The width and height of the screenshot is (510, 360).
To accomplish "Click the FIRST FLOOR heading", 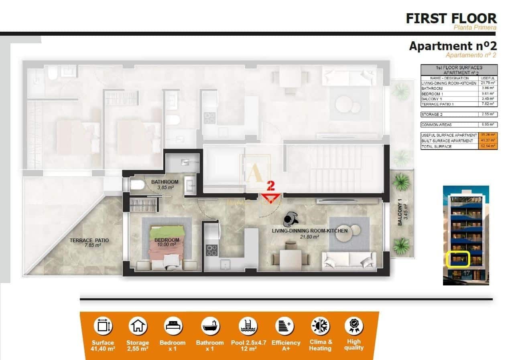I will tap(451, 18).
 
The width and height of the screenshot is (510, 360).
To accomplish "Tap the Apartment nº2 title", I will tap(453, 46).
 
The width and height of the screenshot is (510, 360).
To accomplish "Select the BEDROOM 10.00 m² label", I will tap(167, 242).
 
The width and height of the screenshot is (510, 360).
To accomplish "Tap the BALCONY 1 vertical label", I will tap(402, 212).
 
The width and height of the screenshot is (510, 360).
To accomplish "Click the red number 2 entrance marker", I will tap(271, 192).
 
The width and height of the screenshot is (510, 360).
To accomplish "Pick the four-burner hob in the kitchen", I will tap(211, 250).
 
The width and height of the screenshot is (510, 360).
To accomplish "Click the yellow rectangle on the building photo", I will tap(458, 259).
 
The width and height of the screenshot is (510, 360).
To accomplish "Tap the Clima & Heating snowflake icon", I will tap(320, 326).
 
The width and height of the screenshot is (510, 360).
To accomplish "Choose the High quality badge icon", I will tap(354, 326).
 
